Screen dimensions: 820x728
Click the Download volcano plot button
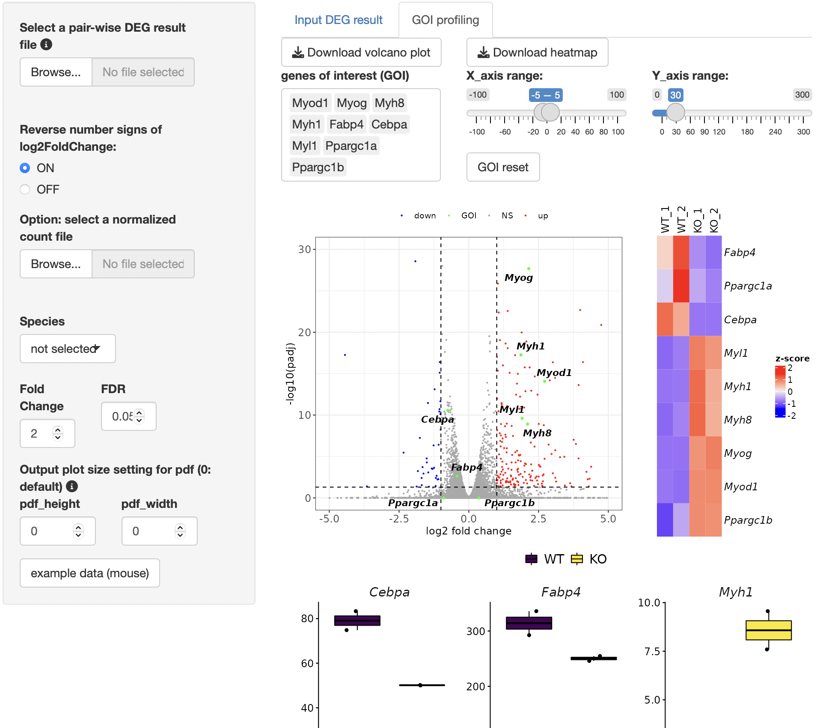361,52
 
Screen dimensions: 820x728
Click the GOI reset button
503,167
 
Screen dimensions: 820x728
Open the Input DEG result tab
338,20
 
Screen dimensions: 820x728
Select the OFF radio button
25,189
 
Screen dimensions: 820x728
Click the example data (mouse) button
90,573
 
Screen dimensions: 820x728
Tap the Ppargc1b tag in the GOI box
318,167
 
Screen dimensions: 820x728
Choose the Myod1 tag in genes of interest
310,103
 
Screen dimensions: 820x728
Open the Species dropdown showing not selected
68,349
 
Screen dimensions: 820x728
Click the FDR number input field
128,416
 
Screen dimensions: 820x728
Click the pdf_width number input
159,531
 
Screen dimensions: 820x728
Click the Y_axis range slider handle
676,112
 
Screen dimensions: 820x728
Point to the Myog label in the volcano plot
519,277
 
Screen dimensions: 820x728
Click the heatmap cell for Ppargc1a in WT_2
681,286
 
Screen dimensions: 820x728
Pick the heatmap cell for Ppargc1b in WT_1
665,520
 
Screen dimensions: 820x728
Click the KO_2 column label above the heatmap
714,220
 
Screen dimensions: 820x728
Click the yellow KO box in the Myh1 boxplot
769,630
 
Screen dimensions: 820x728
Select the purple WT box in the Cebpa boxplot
357,621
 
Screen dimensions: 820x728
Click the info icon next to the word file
46,44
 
